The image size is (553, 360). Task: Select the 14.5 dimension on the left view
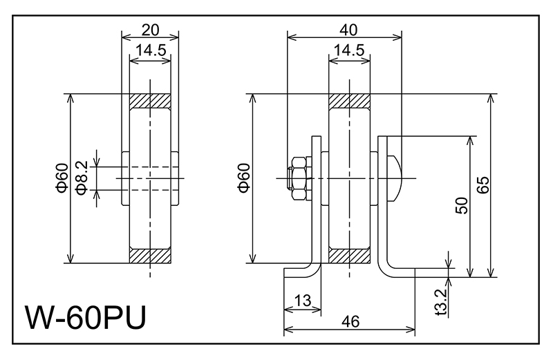click(x=150, y=51)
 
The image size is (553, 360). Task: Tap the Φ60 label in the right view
click(x=243, y=178)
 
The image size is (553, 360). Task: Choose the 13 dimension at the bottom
click(x=302, y=300)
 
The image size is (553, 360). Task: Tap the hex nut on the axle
click(x=298, y=178)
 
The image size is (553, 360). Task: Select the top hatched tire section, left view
click(x=150, y=101)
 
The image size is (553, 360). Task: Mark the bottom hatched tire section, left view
click(x=150, y=256)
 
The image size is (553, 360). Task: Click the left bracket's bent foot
click(x=304, y=270)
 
